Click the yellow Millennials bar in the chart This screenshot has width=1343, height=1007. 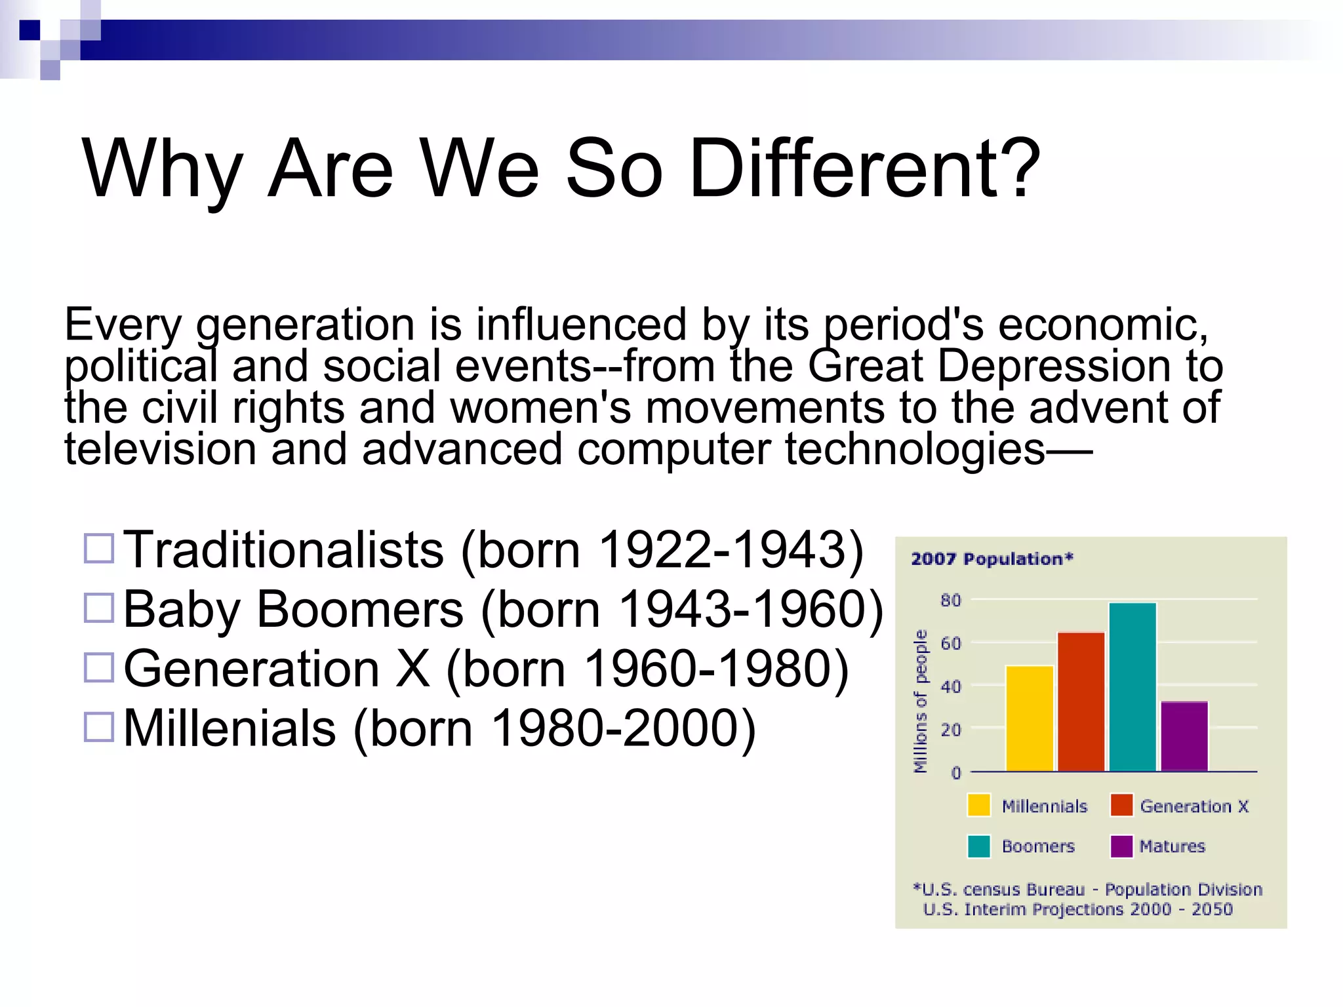1030,719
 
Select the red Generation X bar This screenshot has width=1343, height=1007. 1081,701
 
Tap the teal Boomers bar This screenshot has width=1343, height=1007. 1133,686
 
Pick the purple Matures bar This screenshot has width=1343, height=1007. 1184,736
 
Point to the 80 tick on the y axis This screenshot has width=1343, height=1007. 950,601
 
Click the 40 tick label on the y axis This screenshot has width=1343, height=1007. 950,686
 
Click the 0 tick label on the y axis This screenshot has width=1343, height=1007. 955,773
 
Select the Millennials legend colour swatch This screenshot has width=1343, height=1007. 978,805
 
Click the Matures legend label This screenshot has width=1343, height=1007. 1172,846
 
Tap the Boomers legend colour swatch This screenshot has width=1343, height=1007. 978,846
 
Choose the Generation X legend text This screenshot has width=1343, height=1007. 1193,806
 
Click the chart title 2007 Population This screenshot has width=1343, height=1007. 992,559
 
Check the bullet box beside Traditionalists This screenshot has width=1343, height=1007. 99,548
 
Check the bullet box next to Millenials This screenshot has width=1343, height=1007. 99,726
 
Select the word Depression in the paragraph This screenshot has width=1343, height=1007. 1054,366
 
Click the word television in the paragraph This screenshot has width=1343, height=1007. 160,450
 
